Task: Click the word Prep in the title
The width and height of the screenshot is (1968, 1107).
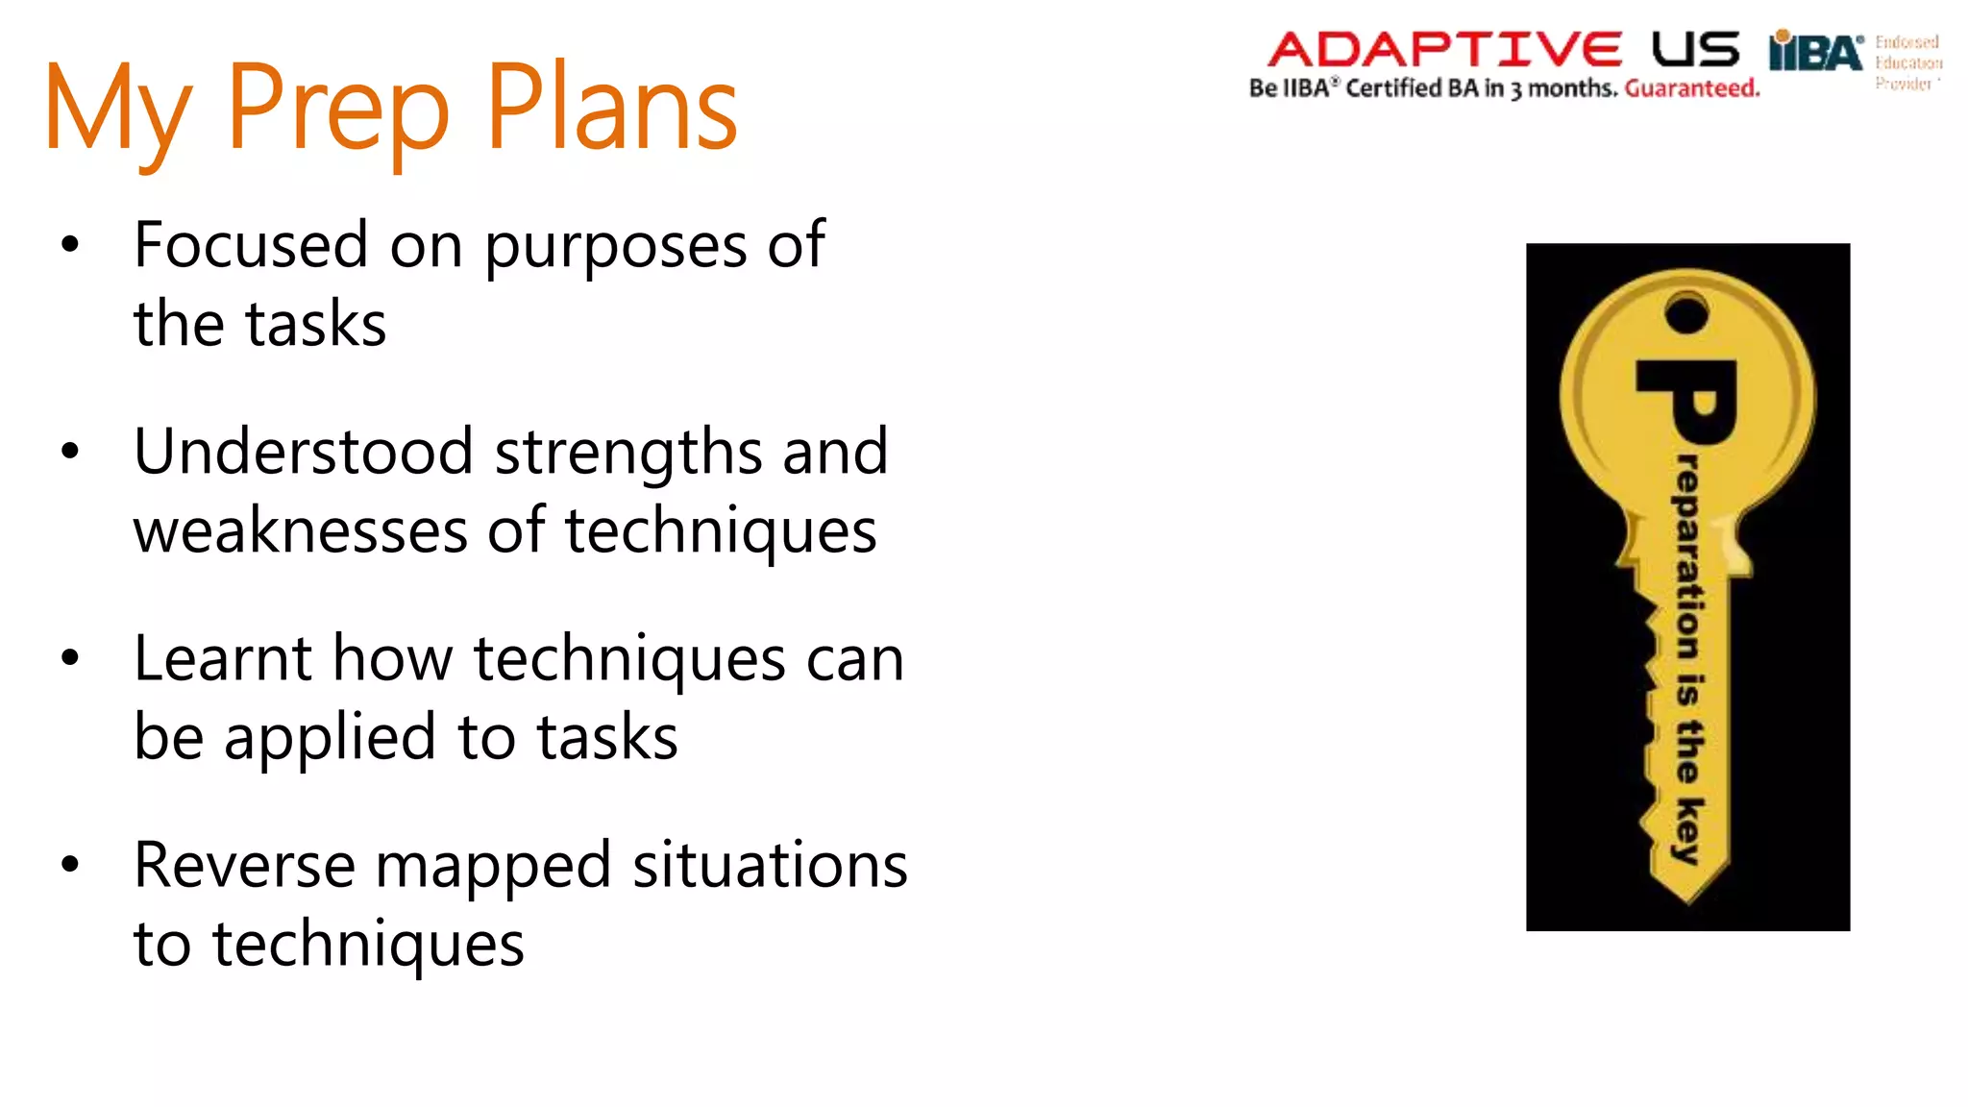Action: pos(338,108)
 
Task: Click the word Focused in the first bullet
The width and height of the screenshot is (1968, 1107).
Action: pos(251,245)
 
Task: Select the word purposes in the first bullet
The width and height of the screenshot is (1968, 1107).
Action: pos(615,248)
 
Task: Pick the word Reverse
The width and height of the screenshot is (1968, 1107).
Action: pos(244,865)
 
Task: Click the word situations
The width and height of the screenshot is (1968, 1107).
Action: pos(770,865)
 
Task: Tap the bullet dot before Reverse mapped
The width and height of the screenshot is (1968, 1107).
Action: pos(69,864)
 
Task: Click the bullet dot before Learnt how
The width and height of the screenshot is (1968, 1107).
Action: pos(69,658)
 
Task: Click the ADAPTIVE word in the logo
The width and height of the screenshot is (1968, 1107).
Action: pos(1444,49)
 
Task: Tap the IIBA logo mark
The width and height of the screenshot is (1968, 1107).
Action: pos(1815,51)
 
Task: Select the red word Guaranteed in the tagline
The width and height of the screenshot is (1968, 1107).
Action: pos(1692,88)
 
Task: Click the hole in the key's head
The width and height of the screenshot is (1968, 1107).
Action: pos(1686,314)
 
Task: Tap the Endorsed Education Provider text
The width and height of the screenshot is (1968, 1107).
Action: pos(1907,62)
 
